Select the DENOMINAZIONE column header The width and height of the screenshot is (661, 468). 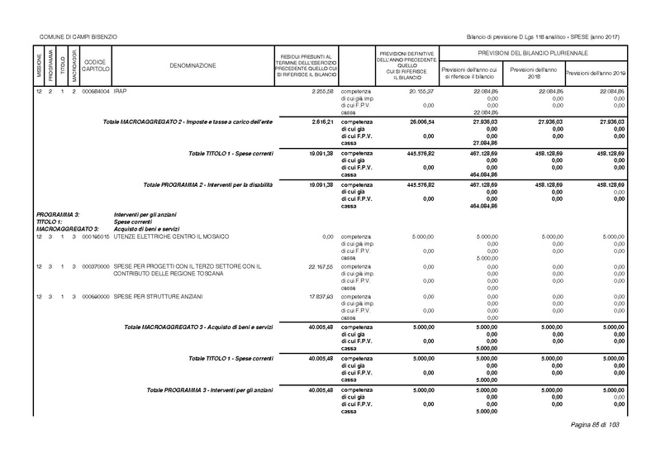194,64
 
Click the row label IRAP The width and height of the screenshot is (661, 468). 121,88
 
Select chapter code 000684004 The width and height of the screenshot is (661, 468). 95,88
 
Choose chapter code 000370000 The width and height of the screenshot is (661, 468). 95,266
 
